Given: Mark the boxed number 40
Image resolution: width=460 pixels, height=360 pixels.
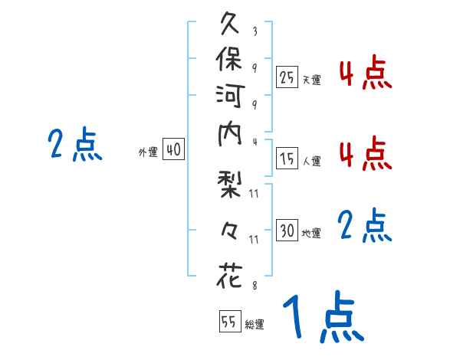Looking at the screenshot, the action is point(173,150).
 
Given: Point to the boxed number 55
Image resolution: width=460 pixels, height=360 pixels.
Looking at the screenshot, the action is point(228,322).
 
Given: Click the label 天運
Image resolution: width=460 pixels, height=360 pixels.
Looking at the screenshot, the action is point(311,79).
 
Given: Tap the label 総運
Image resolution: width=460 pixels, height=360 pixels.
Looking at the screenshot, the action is point(255,325).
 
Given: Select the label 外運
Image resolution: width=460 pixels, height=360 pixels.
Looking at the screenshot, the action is point(148,152).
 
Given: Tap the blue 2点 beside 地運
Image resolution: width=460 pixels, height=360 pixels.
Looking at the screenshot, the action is point(361,226).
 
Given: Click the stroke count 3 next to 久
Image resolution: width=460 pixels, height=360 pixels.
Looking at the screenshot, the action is point(255,32).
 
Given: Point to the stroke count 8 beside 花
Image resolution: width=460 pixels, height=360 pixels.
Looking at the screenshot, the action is point(255,284).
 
